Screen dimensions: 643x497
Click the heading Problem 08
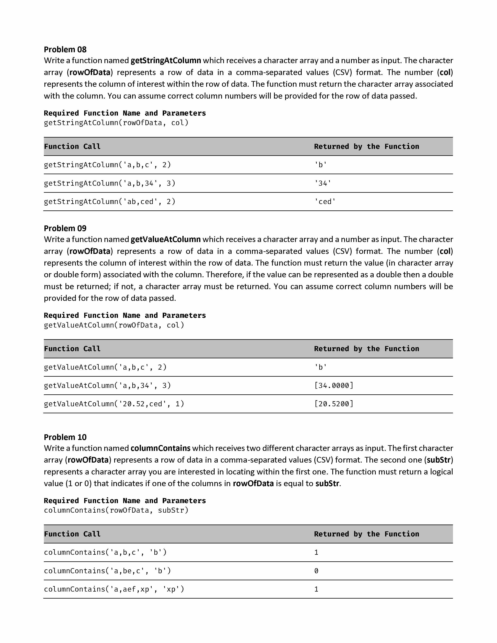pos(65,49)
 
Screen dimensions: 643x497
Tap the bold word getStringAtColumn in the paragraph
pos(166,61)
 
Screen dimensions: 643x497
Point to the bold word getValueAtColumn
pos(165,239)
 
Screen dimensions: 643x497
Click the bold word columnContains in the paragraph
pos(160,448)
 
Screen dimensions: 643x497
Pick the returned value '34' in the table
pos(323,183)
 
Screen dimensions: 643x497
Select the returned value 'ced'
pos(325,202)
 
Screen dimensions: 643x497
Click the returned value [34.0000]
pos(334,385)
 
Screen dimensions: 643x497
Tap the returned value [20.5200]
pos(334,404)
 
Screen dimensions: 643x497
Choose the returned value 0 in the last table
pos(316,571)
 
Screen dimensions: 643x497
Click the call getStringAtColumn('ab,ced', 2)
pos(110,202)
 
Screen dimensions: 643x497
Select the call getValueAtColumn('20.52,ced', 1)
pos(114,404)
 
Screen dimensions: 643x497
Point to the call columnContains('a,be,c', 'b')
pos(107,571)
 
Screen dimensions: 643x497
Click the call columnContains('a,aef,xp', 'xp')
pos(114,589)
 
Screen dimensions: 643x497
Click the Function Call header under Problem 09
pos(72,349)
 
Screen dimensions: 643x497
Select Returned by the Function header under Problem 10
pos(366,534)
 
